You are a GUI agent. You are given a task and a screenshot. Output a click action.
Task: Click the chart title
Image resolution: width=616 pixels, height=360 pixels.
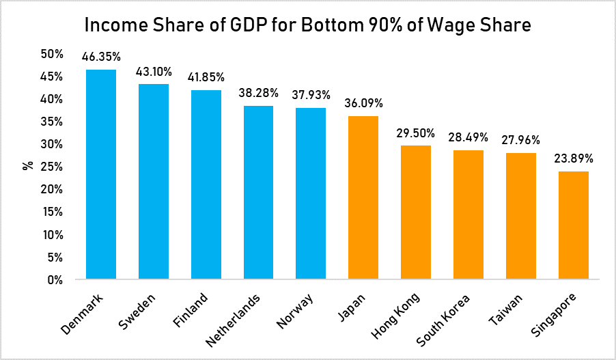click(x=307, y=25)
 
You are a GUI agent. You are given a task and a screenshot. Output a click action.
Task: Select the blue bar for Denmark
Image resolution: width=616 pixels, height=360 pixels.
click(x=101, y=174)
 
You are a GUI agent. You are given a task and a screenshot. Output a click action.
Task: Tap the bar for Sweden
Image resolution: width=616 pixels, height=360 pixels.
click(x=154, y=182)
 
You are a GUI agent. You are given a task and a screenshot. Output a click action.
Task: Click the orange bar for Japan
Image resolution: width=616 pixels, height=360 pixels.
click(x=363, y=197)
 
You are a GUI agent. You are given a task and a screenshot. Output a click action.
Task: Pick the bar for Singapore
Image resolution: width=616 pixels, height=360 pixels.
click(x=574, y=225)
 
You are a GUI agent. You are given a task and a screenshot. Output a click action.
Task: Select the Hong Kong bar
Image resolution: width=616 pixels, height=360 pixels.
click(x=416, y=212)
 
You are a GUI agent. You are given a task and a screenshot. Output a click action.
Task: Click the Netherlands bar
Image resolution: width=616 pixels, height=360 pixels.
click(x=259, y=193)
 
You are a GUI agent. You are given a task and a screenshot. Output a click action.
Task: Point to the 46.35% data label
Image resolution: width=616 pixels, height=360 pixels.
click(x=101, y=57)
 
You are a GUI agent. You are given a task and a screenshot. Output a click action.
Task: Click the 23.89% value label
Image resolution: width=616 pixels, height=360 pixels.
click(x=574, y=158)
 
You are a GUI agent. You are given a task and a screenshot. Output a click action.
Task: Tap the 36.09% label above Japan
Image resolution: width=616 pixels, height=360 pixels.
click(x=363, y=104)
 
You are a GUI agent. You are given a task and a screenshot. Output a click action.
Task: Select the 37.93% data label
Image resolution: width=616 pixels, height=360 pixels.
click(x=311, y=95)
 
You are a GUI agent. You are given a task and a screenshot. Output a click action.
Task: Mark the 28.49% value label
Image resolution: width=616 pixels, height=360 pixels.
click(x=468, y=137)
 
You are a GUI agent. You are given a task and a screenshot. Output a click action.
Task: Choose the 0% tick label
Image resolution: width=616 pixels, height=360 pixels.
click(x=55, y=279)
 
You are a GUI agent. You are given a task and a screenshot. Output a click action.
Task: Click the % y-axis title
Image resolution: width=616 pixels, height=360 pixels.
click(x=28, y=166)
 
